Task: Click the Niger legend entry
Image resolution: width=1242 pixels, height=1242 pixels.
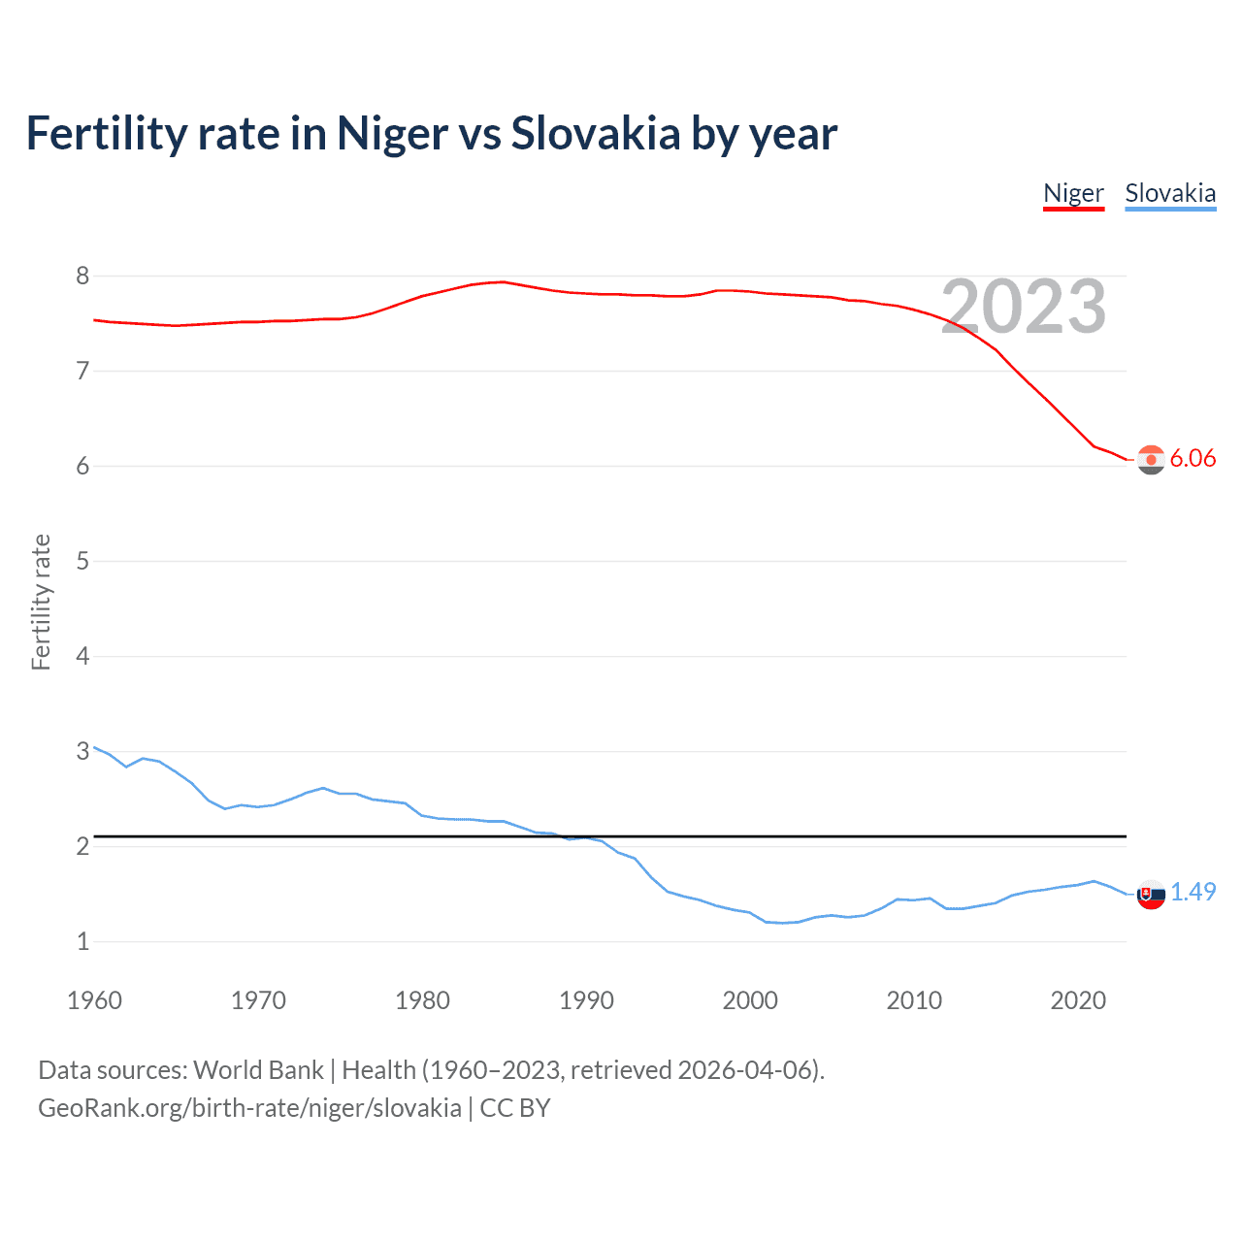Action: point(1073,193)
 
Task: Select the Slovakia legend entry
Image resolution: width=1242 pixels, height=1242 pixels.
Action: point(1170,193)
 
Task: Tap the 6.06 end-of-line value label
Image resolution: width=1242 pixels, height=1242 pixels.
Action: point(1193,459)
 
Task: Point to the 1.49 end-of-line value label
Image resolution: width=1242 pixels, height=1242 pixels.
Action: point(1193,892)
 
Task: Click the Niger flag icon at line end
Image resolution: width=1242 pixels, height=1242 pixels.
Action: point(1151,460)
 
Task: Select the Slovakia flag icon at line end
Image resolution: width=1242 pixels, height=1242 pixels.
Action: point(1151,894)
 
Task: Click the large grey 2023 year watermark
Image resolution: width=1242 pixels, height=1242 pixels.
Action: point(1024,307)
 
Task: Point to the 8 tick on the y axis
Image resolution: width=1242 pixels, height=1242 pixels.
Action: point(82,277)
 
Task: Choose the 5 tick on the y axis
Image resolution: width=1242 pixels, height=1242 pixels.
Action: point(82,561)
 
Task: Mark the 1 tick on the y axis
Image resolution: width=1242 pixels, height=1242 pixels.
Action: point(82,941)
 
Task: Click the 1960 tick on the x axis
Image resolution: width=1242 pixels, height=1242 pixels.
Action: point(94,1000)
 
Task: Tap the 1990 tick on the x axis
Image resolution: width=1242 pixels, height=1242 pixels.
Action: point(586,1000)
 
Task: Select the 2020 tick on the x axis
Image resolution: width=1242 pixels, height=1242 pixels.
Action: point(1078,1000)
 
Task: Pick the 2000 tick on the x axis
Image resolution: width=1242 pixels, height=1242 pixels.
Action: point(750,1000)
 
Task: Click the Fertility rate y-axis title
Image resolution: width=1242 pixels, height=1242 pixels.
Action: point(41,602)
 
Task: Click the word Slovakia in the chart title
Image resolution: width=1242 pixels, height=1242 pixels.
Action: point(596,134)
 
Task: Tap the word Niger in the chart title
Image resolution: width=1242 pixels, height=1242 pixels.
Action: point(393,134)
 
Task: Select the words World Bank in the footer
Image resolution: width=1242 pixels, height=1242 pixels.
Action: point(258,1070)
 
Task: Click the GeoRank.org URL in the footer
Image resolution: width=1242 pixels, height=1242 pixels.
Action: point(249,1108)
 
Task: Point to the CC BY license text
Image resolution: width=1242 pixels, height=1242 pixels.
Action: point(515,1108)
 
